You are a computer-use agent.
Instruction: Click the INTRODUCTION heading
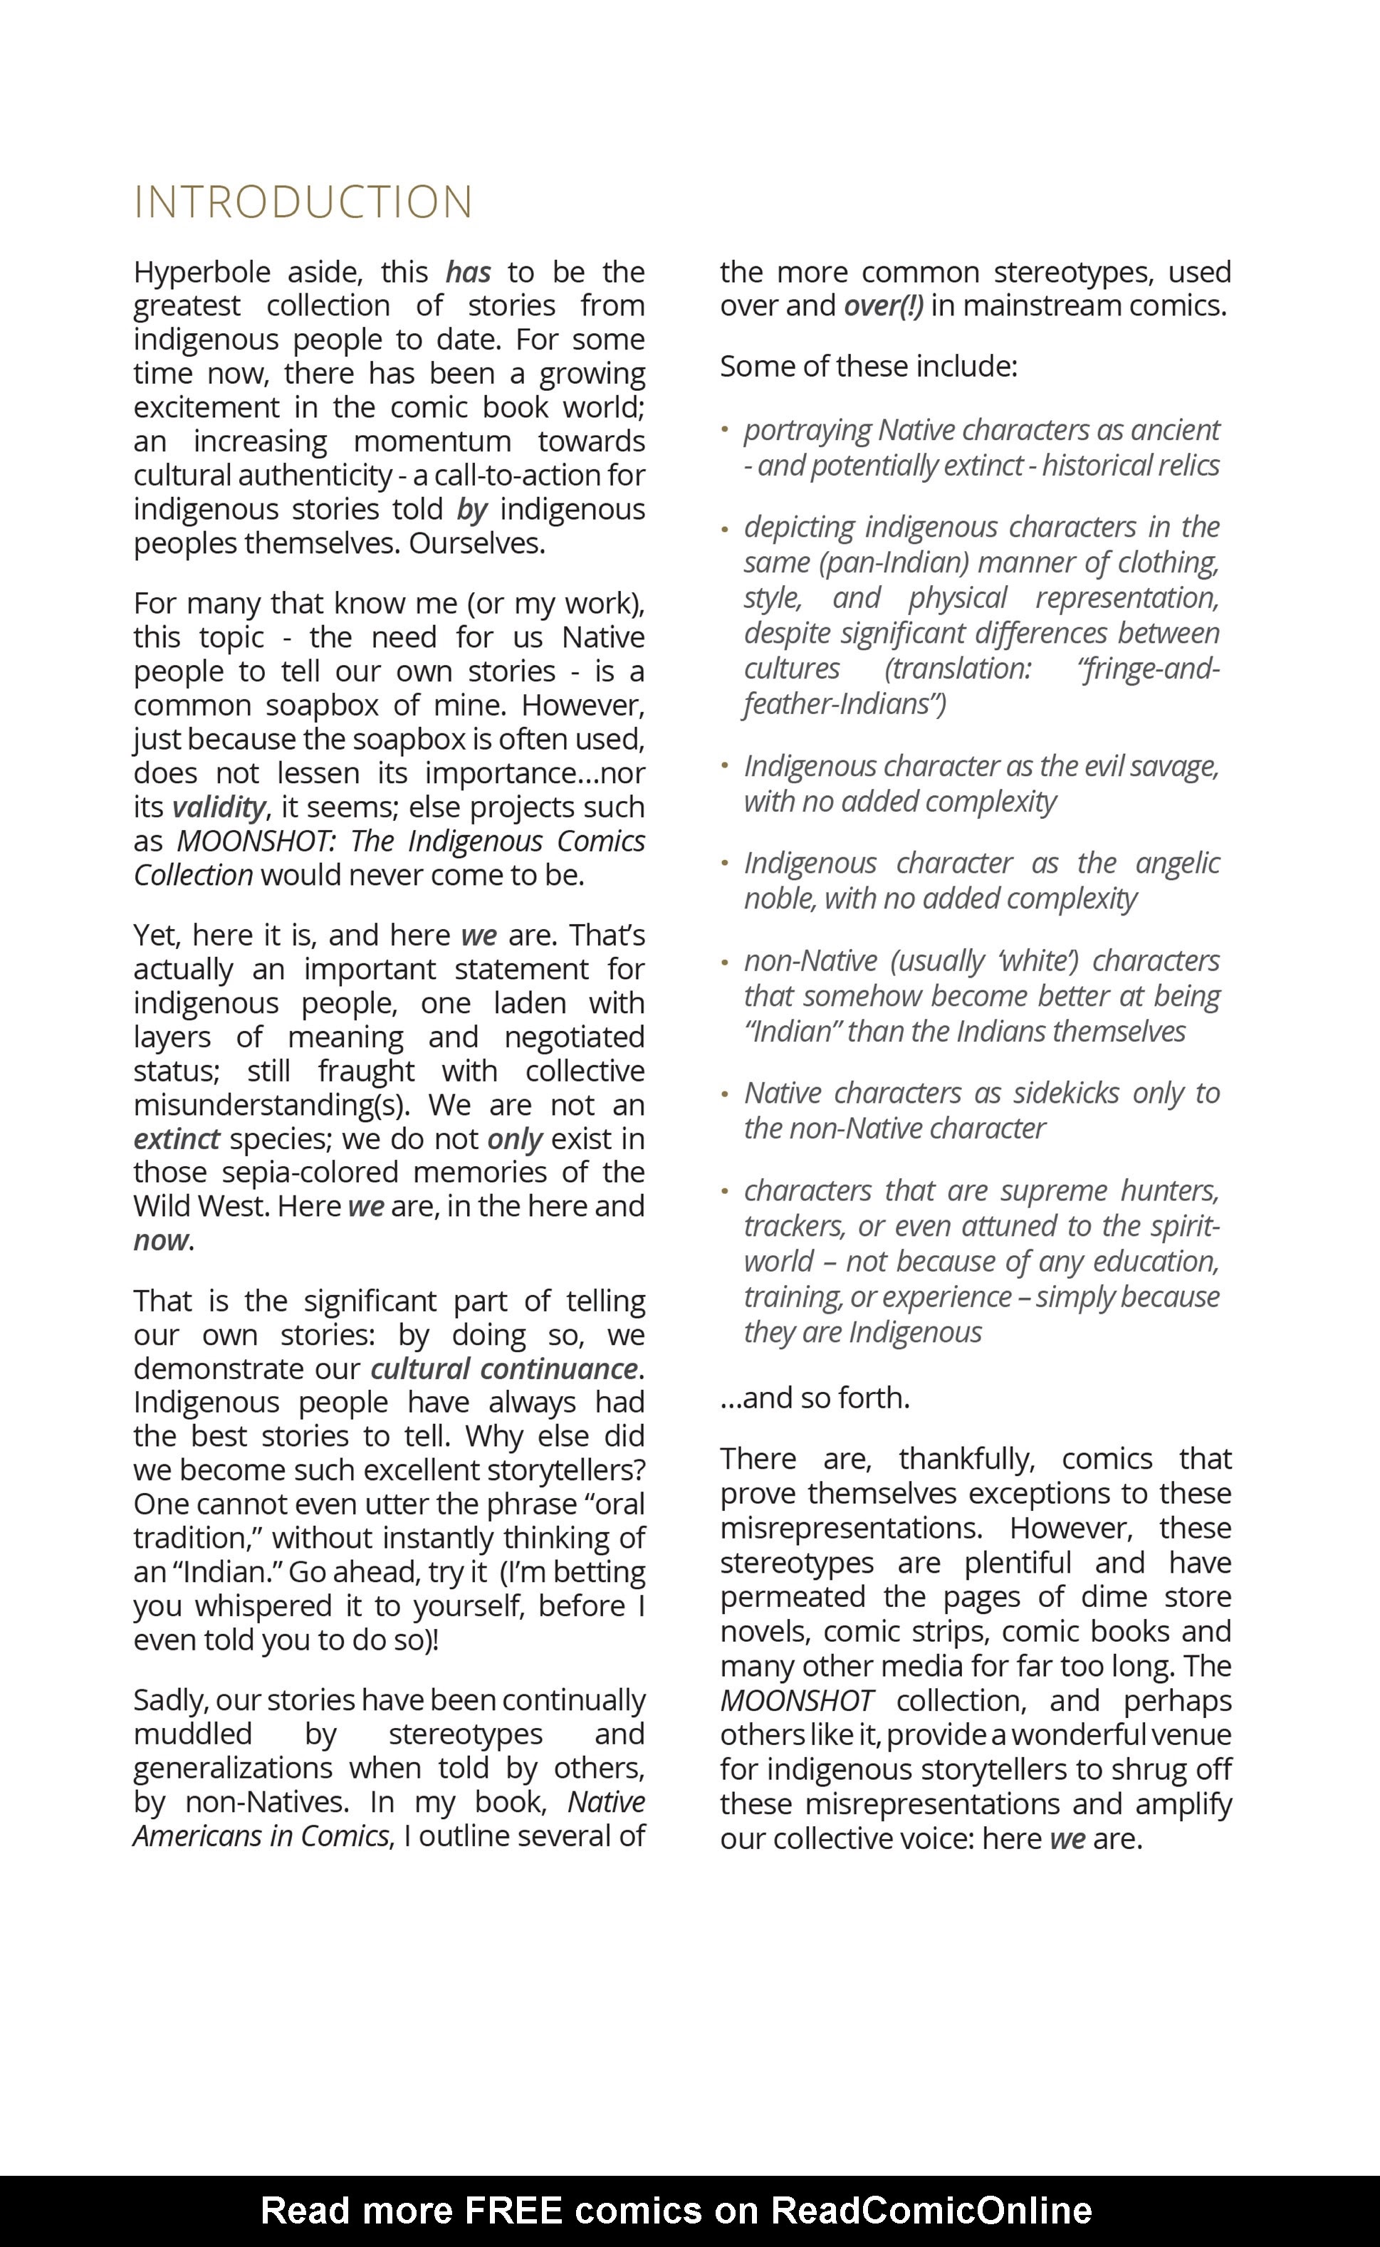303,202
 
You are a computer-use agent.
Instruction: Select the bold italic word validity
218,807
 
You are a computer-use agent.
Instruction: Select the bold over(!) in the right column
882,305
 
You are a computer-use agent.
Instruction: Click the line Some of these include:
868,367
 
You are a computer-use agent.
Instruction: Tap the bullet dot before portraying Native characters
725,429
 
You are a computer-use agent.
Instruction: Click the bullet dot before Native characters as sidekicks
725,1092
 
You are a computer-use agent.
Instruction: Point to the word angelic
1176,863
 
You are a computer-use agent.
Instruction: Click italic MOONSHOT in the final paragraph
796,1700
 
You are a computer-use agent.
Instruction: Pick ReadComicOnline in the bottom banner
931,2211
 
